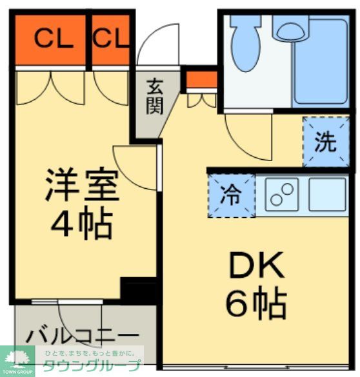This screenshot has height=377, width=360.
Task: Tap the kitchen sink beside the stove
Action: coord(327,193)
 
